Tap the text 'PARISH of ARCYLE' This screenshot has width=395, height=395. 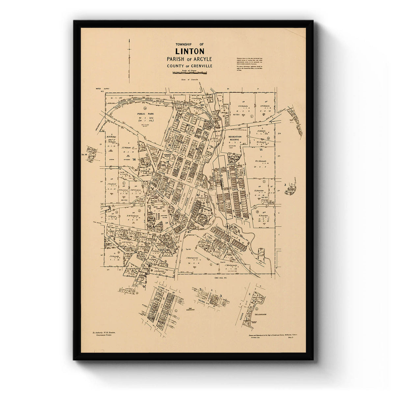point(189,59)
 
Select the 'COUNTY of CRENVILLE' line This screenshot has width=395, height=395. point(189,66)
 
